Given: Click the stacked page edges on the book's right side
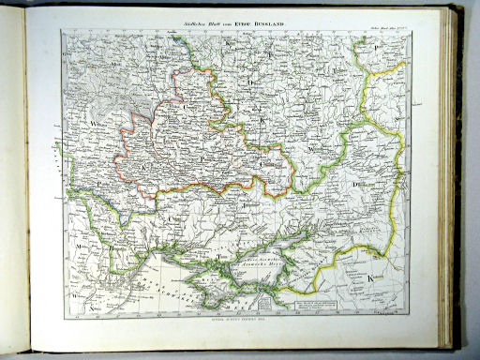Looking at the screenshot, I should pyautogui.click(x=457, y=178).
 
